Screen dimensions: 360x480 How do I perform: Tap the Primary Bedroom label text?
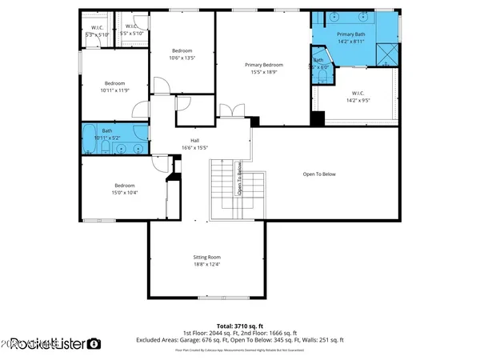pos(263,68)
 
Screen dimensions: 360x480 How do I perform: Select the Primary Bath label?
pos(351,38)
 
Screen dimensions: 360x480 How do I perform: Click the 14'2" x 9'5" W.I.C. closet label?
pos(358,97)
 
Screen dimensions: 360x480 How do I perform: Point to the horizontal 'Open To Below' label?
pos(318,174)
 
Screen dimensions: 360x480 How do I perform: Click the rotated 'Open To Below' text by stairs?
pos(238,178)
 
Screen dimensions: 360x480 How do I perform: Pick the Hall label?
pos(194,143)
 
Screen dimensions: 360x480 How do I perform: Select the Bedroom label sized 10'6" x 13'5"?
pos(181,54)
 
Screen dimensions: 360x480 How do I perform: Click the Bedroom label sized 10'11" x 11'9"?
pos(114,86)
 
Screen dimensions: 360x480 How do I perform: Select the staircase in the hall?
pos(226,188)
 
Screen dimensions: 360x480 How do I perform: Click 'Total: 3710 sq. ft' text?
pos(240,326)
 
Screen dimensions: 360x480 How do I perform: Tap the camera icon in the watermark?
pos(94,344)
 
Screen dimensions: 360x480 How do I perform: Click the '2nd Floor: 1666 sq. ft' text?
pos(270,333)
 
